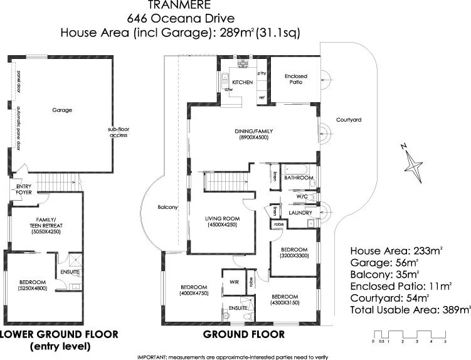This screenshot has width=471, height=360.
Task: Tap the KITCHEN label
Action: pos(243,83)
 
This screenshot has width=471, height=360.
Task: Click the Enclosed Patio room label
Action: pos(295,79)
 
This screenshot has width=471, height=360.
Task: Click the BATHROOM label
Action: pos(299,177)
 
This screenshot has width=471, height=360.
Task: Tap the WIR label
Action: pos(233,282)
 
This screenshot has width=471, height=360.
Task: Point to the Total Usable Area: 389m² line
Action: pos(410,309)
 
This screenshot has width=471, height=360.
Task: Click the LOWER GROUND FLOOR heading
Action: pos(59,334)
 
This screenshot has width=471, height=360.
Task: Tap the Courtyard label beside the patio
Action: pos(349,119)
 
